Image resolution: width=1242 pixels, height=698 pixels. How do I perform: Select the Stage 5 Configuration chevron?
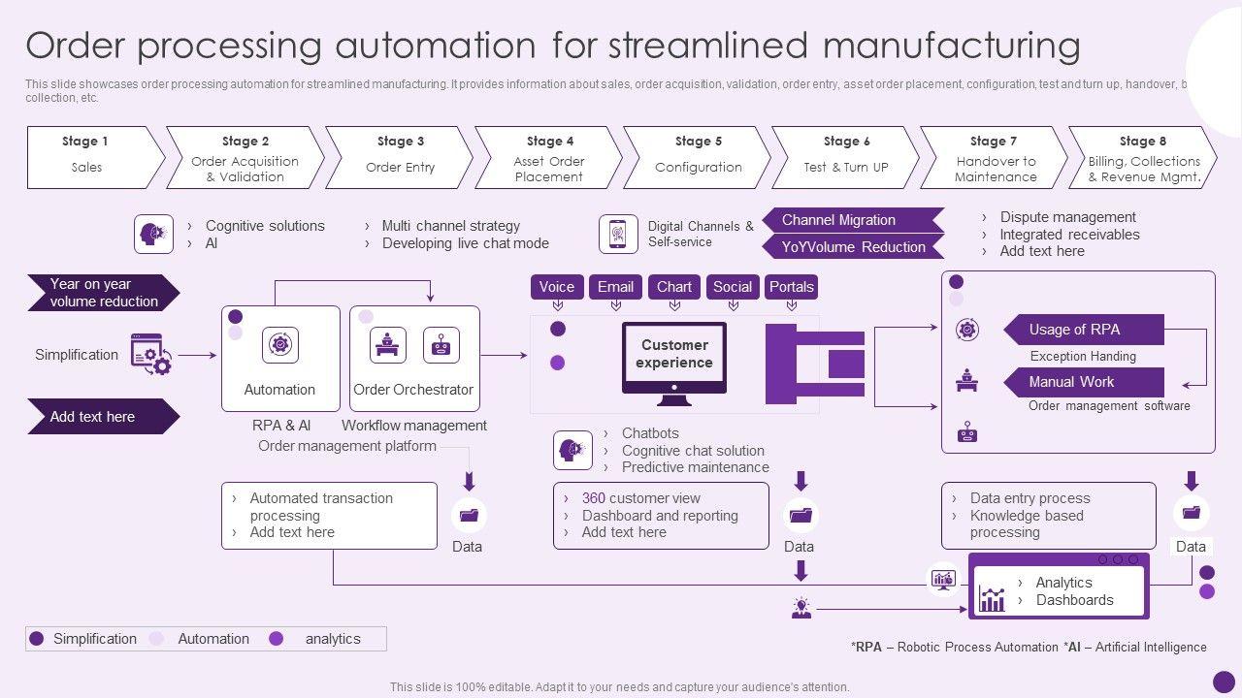pos(697,157)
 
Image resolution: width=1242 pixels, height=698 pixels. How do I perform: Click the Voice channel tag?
pos(556,287)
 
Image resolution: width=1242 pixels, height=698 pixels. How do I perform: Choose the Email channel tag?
pos(615,287)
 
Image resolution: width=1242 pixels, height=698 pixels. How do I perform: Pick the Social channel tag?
pos(733,287)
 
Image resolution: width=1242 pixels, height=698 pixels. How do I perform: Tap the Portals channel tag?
pos(792,287)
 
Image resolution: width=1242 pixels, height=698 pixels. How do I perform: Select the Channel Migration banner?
pos(851,220)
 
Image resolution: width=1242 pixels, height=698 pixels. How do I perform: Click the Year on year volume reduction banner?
pos(103,293)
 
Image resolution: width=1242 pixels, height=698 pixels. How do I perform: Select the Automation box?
pos(280,359)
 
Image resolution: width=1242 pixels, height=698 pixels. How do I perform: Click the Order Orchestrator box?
pos(414,359)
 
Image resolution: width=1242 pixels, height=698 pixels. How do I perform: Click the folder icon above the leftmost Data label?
pos(470,516)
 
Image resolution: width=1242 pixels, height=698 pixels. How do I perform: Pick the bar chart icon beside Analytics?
pos(992,598)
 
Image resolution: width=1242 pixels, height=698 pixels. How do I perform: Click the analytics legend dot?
pos(277,639)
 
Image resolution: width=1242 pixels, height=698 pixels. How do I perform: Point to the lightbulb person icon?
pos(801,608)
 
